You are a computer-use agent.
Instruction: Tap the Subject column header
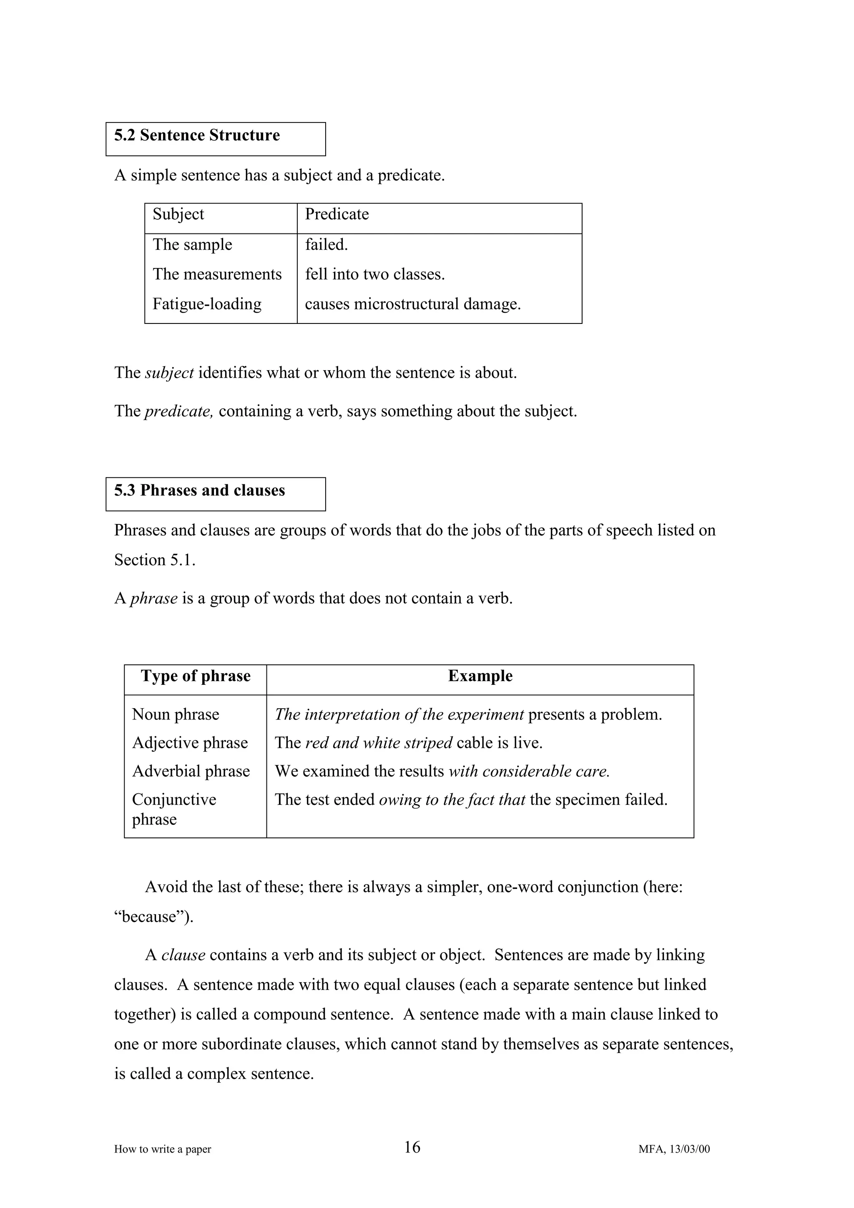[x=178, y=214]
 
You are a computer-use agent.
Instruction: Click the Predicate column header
[x=337, y=214]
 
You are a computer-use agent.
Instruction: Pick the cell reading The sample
[x=192, y=245]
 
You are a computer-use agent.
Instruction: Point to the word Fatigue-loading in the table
[x=207, y=304]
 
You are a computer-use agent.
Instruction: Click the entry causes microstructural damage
[x=412, y=304]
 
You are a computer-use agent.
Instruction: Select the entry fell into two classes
[x=374, y=274]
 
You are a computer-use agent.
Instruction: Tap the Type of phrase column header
[x=196, y=676]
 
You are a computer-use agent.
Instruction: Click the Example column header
[x=480, y=676]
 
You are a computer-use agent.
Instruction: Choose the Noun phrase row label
[x=175, y=714]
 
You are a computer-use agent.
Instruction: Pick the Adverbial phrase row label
[x=191, y=771]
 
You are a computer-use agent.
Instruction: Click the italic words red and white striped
[x=378, y=743]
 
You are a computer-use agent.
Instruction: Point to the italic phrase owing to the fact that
[x=452, y=800]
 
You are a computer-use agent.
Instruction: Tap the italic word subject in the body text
[x=169, y=373]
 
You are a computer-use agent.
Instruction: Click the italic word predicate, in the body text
[x=178, y=411]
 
